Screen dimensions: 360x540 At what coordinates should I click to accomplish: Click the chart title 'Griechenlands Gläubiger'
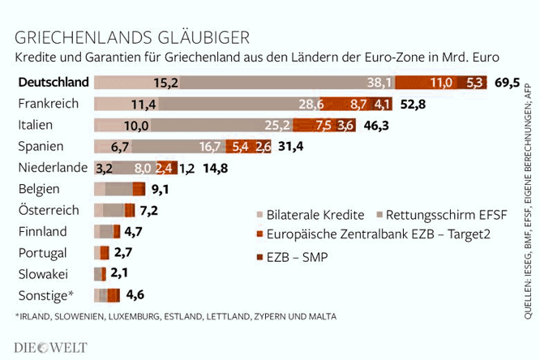point(132,37)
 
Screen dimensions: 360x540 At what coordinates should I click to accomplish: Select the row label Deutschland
point(54,82)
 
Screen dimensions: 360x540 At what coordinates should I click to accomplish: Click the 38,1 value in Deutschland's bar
point(379,83)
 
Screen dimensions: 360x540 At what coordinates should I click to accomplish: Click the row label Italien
point(36,125)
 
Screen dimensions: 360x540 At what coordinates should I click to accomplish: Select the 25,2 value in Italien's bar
point(277,125)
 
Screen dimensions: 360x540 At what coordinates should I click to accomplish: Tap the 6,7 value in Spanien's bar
point(119,147)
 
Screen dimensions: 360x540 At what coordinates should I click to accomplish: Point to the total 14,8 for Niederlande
point(216,168)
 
